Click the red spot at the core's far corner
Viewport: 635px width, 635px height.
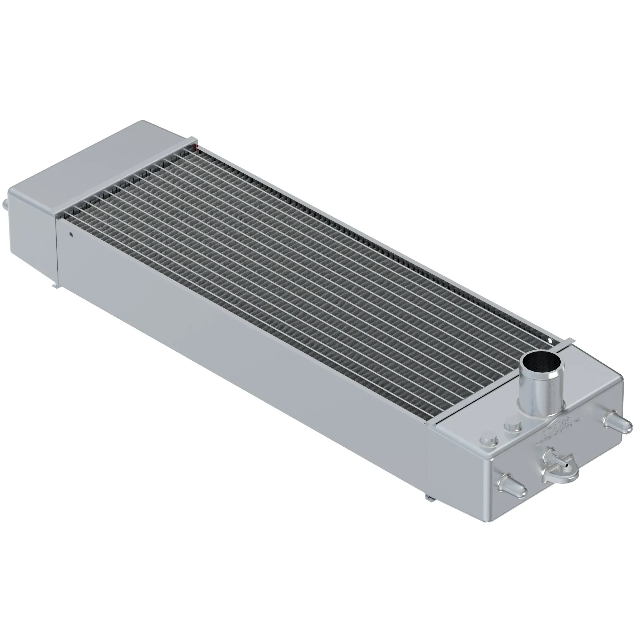tap(197, 146)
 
